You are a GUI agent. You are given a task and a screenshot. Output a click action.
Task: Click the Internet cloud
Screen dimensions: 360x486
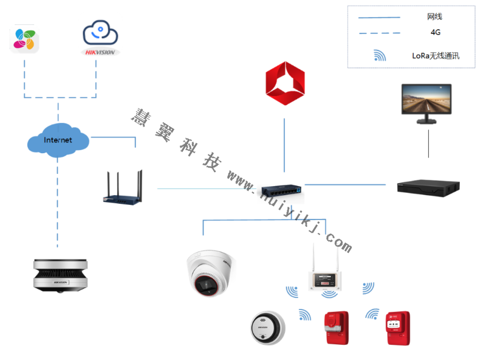coord(58,140)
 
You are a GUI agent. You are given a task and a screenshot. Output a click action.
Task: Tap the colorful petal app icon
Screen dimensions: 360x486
coord(25,39)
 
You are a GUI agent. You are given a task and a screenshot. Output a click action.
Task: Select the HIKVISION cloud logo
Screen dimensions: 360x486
coord(101,38)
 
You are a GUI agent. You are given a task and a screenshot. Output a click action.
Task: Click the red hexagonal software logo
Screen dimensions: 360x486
coord(284,83)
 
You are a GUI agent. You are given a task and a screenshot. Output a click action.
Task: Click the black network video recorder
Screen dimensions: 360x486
coord(428,187)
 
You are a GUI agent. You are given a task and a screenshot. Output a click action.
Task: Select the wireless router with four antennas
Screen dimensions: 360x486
coord(126,188)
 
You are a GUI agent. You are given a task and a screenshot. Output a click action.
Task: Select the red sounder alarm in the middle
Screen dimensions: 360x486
coord(336,329)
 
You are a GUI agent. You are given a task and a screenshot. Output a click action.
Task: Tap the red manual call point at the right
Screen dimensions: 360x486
coord(399,329)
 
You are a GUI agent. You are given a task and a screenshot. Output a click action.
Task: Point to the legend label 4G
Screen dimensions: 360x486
coord(435,32)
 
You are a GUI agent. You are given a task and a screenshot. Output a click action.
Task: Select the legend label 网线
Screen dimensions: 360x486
coord(434,16)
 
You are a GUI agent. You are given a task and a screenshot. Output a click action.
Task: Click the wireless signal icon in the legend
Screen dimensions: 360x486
coord(380,56)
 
